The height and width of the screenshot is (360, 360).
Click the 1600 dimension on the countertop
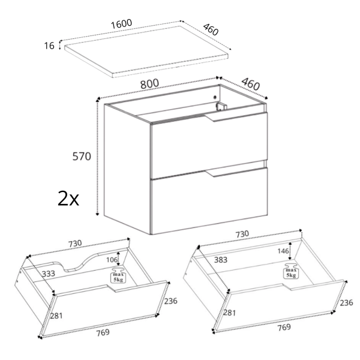[122, 23]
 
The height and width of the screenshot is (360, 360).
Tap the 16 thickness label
[49, 46]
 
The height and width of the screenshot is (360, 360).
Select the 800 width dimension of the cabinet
[149, 83]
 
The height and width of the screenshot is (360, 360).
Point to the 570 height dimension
[82, 157]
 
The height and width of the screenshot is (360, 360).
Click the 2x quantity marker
[68, 199]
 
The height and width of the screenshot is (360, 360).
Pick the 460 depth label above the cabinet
[251, 84]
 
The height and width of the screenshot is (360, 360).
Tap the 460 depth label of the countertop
[211, 29]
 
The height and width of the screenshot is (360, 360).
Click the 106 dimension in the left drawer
[112, 260]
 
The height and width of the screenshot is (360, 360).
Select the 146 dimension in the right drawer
[283, 251]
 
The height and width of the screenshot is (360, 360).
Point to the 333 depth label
[48, 274]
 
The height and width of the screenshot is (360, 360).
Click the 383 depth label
[221, 260]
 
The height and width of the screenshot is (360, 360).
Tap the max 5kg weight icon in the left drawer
[118, 275]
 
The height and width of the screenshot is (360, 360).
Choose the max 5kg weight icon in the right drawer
[290, 271]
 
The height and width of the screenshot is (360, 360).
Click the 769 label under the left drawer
[103, 332]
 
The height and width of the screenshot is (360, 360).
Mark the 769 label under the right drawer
[284, 327]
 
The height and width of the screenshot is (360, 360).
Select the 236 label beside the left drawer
[170, 301]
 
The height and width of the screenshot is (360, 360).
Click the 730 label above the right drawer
[242, 234]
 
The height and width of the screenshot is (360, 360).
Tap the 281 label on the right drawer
[230, 313]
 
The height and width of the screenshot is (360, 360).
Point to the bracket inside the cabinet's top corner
[221, 107]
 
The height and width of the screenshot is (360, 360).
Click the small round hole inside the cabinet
[215, 97]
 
